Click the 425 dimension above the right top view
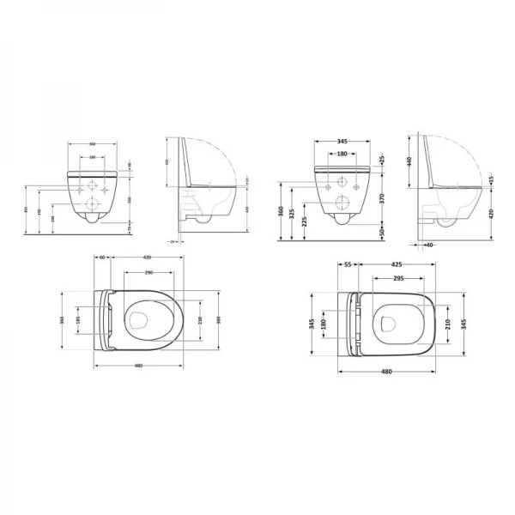397,266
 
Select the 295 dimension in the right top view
397,278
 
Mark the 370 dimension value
383,197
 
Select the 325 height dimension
294,211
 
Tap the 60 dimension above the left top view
101,256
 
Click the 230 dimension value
201,320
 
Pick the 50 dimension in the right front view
383,231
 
